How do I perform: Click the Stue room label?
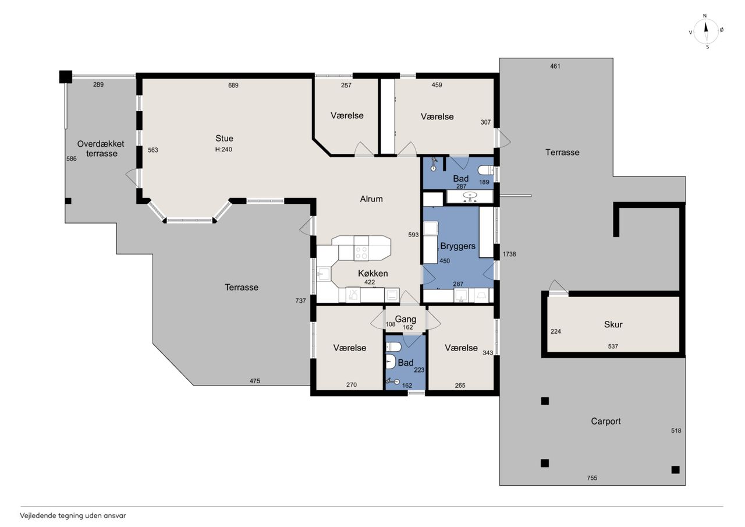224,138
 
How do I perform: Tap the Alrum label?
371,199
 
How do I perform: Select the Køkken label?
373,273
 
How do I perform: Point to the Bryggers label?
457,246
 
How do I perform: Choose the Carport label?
606,421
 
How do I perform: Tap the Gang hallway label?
406,319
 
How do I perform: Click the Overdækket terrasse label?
101,148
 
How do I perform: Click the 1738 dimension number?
509,254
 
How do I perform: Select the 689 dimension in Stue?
233,85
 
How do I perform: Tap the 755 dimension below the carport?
592,478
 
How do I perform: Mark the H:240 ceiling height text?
223,150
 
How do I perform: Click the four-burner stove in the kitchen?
361,253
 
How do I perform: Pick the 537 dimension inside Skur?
613,346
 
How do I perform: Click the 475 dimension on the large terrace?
255,381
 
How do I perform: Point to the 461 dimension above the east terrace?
555,66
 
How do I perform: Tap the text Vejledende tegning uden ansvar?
73,516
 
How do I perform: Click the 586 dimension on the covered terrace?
72,159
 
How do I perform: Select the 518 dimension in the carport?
676,430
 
